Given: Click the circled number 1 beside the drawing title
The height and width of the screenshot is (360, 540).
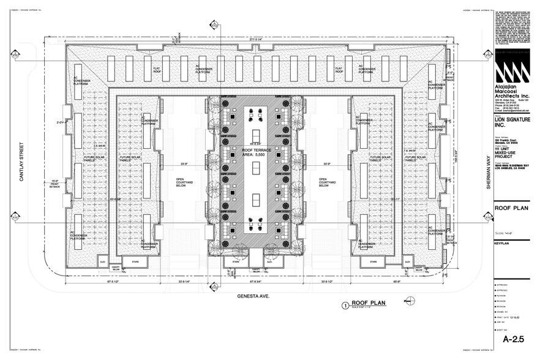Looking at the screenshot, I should click(x=346, y=304).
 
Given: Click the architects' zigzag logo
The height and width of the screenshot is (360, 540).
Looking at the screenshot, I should click(x=510, y=71).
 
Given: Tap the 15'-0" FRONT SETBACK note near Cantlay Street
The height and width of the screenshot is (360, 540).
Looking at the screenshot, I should click(x=55, y=184).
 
